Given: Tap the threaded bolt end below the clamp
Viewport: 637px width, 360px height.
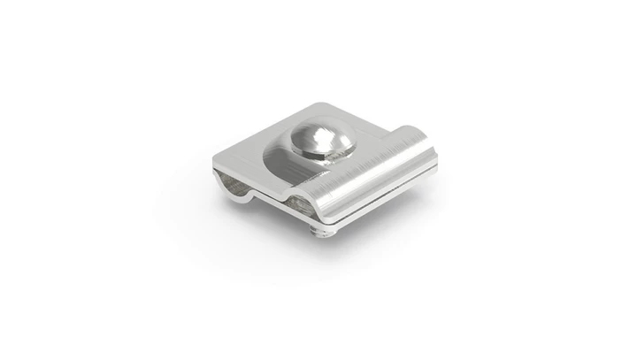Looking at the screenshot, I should pyautogui.click(x=324, y=232).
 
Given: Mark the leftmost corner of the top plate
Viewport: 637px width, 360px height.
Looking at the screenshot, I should pyautogui.click(x=214, y=160).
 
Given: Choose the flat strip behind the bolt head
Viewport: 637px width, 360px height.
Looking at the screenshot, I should pyautogui.click(x=354, y=119).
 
